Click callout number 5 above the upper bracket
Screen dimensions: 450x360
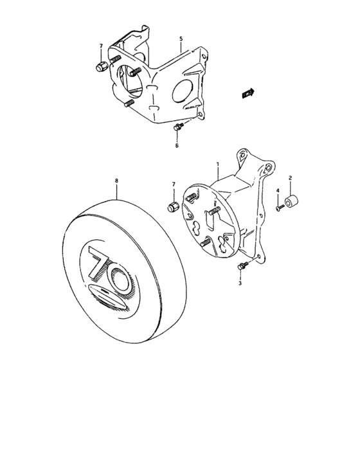(181, 39)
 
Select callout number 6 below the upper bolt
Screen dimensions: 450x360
(177, 146)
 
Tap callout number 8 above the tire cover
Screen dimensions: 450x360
(116, 182)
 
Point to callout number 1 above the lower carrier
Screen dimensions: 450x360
(219, 165)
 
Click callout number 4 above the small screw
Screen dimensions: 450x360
(278, 191)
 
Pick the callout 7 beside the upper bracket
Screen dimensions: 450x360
(101, 47)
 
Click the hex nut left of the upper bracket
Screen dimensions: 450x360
(101, 66)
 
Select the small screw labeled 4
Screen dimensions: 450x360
(278, 207)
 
